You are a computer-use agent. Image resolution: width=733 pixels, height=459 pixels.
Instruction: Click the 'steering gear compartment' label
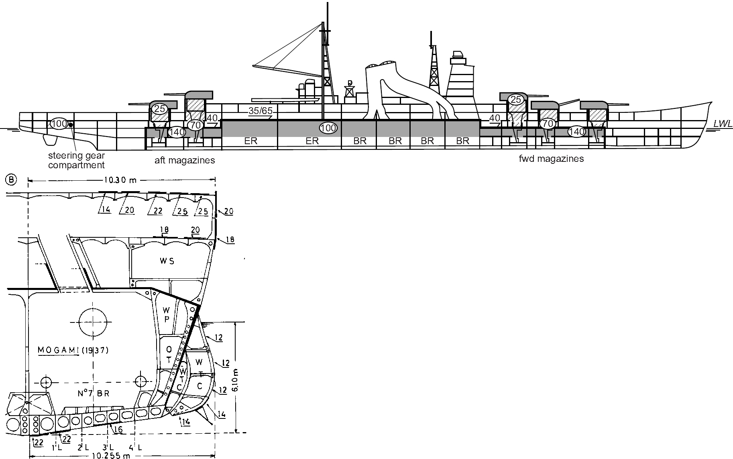[x=76, y=161]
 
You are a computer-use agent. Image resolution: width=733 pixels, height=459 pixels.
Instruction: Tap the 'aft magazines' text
[x=185, y=161]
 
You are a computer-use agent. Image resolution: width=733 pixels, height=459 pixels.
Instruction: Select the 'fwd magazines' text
[x=551, y=159]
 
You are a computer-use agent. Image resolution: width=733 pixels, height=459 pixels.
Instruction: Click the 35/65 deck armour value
[x=261, y=111]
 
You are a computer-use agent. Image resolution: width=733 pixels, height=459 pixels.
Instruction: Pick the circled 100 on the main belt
[x=328, y=128]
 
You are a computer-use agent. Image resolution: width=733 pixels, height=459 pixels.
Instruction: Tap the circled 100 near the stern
[x=59, y=124]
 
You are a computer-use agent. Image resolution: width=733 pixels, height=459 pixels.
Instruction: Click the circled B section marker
[x=11, y=180]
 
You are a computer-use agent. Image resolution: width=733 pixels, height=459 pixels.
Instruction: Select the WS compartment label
[x=167, y=261]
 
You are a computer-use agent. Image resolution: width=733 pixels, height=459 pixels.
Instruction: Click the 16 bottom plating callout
[x=118, y=430]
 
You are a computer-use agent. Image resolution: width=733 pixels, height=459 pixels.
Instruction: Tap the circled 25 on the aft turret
[x=160, y=108]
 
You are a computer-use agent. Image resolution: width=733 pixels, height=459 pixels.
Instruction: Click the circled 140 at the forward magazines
[x=576, y=131]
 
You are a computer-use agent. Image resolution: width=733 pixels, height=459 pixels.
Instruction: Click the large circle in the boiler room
[x=93, y=322]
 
